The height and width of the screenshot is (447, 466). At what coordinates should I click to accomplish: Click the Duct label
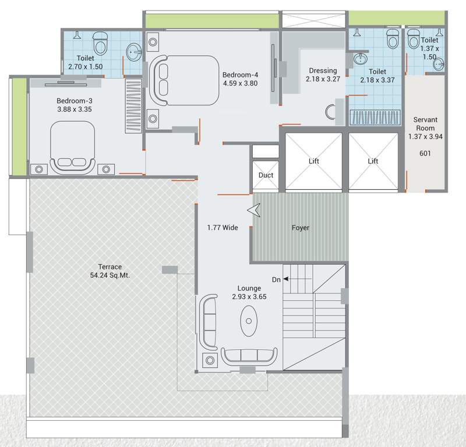[266, 175]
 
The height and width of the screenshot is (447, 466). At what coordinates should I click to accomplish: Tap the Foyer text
[301, 228]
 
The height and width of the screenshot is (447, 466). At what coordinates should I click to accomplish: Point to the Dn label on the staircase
[277, 279]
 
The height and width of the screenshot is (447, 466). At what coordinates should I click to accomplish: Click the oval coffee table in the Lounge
[251, 320]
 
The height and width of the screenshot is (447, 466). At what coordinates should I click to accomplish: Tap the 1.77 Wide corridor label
[223, 228]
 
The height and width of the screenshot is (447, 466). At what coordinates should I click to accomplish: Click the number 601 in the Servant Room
[425, 154]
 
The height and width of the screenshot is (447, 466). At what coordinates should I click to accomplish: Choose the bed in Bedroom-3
[72, 147]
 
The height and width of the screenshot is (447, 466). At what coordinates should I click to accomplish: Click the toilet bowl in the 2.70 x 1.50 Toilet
[101, 42]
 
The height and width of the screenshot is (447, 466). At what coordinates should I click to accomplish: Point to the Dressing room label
[323, 71]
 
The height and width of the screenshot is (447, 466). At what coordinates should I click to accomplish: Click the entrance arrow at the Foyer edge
[253, 211]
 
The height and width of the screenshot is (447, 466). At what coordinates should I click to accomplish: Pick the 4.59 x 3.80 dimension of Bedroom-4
[240, 83]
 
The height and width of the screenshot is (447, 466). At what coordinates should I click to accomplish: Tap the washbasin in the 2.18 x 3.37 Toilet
[361, 59]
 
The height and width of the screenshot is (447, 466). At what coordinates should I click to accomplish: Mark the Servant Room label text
[425, 124]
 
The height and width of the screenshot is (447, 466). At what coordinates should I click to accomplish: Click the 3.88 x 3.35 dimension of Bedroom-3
[75, 108]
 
